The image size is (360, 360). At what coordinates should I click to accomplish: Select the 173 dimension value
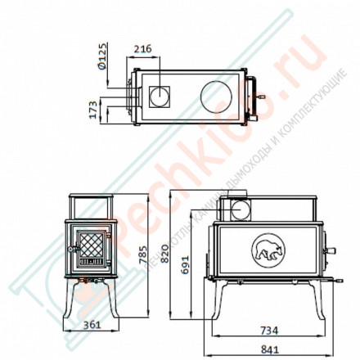pos(93,109)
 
